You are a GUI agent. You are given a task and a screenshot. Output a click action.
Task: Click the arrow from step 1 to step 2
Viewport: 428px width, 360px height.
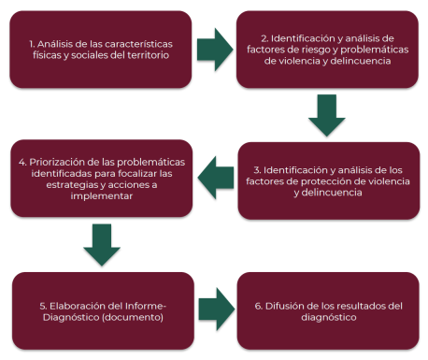coord(215,50)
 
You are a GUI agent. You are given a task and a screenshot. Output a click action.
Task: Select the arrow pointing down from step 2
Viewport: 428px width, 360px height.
coord(327,115)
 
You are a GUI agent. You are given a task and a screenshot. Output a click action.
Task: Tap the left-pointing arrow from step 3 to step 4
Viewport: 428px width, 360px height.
coord(216,178)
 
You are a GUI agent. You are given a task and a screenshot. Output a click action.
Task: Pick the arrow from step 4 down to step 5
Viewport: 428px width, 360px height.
coord(102,245)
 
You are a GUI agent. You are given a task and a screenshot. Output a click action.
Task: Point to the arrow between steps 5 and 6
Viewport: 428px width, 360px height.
coord(217,309)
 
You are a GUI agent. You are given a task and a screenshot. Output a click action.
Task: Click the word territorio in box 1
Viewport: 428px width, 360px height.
coord(149,55)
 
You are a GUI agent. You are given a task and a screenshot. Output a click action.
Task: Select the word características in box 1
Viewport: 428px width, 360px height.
coord(139,44)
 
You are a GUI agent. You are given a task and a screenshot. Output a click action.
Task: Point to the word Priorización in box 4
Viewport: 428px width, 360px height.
coord(60,163)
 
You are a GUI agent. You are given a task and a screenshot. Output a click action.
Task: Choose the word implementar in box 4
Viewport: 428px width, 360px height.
coord(102,196)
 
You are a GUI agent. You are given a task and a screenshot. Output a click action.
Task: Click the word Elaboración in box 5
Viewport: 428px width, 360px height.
coord(78,306)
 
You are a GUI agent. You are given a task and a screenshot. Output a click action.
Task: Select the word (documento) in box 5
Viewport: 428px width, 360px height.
coord(133,317)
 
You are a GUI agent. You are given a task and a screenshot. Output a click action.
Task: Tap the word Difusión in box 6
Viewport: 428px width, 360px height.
coord(280,306)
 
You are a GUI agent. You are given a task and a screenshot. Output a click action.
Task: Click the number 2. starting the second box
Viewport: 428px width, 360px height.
coord(264,38)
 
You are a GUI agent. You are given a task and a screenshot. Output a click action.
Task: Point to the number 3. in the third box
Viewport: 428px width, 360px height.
coord(257,170)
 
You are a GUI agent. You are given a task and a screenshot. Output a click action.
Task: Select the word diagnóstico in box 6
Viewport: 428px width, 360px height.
coord(329,318)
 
